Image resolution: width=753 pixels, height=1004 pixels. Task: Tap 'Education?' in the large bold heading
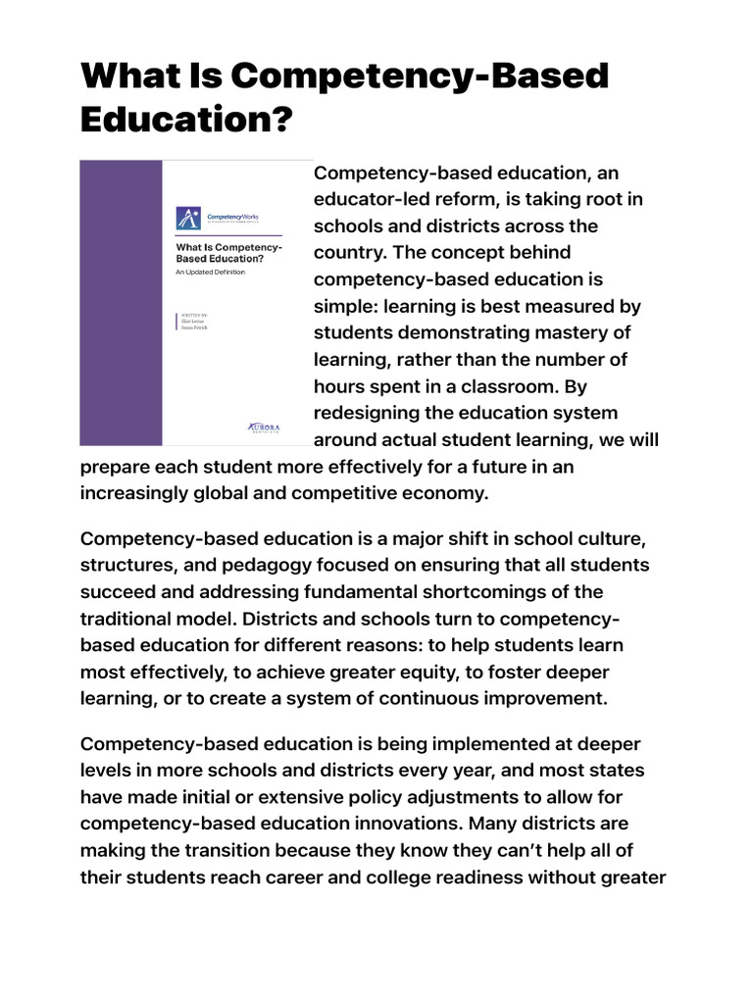click(x=186, y=122)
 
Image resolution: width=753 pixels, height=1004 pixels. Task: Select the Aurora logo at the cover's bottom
click(x=264, y=428)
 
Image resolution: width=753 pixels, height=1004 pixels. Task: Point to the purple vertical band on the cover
click(x=121, y=303)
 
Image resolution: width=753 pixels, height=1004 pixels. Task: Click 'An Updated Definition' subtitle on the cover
click(x=210, y=272)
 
